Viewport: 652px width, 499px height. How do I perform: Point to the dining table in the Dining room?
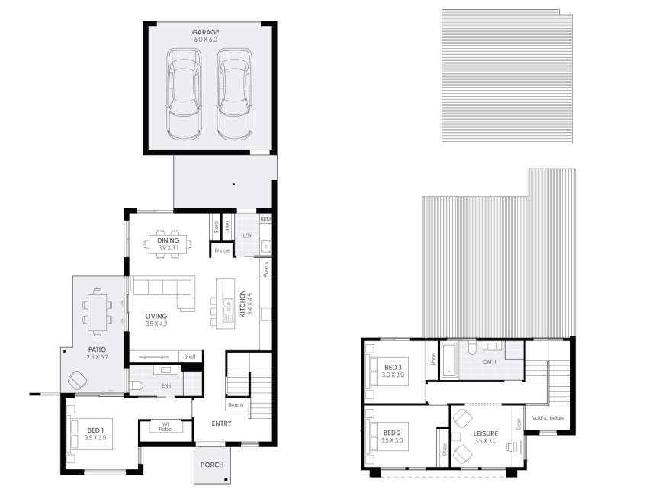169,244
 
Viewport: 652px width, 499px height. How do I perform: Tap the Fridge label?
222,250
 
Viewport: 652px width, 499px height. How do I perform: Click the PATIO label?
96,350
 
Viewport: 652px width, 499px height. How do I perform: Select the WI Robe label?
165,427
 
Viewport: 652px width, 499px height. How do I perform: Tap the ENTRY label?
222,424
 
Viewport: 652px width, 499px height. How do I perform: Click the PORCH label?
211,465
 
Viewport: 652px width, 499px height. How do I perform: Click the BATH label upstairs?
490,362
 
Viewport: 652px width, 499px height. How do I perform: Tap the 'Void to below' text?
548,417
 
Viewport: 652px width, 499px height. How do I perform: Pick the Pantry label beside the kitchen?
266,269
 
